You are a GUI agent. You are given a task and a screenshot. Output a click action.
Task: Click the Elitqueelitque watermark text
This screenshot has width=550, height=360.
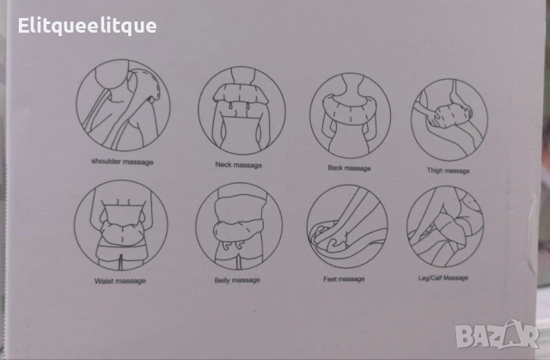click(87, 27)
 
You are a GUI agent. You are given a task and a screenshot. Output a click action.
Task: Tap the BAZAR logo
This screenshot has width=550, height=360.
click(497, 335)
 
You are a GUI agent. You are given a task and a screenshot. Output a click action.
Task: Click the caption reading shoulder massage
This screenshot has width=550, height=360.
click(122, 162)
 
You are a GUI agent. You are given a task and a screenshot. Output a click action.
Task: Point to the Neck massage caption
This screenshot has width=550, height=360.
click(239, 165)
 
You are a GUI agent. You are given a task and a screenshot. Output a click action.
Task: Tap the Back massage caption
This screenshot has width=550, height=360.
click(349, 168)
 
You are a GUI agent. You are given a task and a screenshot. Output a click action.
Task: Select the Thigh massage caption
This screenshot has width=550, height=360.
click(448, 171)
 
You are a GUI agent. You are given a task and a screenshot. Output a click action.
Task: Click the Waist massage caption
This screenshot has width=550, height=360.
click(120, 281)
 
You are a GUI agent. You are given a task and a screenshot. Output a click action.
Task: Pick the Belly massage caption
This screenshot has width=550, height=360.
click(237, 280)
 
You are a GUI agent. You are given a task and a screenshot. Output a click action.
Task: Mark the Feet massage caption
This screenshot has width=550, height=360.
click(344, 279)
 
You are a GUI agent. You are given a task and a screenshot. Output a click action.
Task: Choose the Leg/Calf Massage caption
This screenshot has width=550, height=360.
click(443, 278)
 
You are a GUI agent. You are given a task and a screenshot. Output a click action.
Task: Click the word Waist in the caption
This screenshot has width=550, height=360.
click(103, 281)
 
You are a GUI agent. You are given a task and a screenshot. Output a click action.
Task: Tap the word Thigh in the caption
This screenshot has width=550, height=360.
click(436, 171)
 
